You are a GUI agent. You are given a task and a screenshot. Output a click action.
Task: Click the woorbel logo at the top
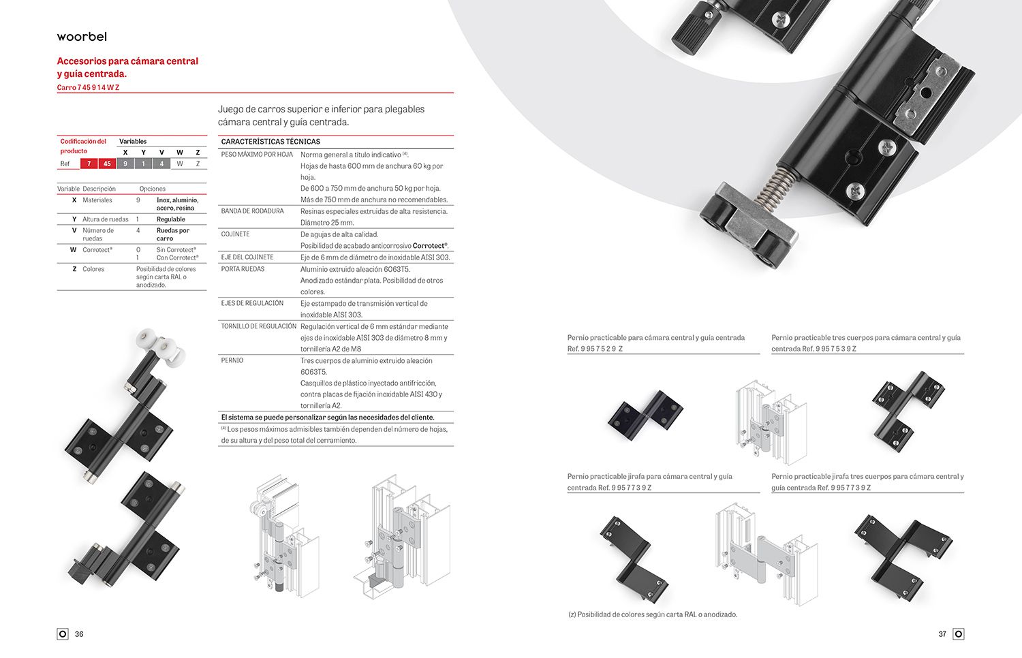(x=82, y=37)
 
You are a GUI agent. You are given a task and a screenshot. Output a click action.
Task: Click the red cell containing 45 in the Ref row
(x=107, y=163)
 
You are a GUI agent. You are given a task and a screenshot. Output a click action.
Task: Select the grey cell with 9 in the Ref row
(x=125, y=163)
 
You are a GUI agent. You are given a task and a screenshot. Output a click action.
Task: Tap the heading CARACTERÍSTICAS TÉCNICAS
(x=270, y=142)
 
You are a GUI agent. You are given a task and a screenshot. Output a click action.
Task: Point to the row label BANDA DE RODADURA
(x=252, y=211)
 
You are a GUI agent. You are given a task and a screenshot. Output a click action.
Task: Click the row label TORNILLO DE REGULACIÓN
(x=259, y=326)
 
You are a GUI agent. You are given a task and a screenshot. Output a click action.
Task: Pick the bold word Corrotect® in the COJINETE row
(x=430, y=246)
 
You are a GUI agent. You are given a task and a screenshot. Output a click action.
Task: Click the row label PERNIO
(x=232, y=360)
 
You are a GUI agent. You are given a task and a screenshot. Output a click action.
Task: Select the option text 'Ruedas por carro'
(x=172, y=234)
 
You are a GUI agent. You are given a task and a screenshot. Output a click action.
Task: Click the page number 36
(x=79, y=634)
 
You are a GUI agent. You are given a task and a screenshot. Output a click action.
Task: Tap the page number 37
(x=942, y=634)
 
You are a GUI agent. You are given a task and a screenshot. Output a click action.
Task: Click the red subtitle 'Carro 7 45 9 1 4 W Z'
(x=88, y=88)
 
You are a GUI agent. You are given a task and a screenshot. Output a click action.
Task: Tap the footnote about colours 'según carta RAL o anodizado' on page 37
(x=653, y=614)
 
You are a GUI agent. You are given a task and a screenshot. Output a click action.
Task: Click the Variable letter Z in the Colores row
(x=74, y=269)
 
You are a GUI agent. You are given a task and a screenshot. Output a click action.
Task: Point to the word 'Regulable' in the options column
(x=170, y=219)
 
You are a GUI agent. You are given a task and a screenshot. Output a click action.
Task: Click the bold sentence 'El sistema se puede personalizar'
(x=327, y=418)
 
